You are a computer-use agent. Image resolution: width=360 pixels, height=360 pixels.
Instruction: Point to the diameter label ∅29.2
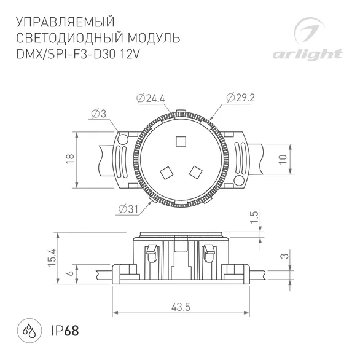tap(240, 98)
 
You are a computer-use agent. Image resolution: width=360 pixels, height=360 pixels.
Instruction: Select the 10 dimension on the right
tap(282, 158)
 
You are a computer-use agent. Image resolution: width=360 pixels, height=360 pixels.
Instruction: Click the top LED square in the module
tap(181, 141)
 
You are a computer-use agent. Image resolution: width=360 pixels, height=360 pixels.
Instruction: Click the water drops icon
tap(29, 330)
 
